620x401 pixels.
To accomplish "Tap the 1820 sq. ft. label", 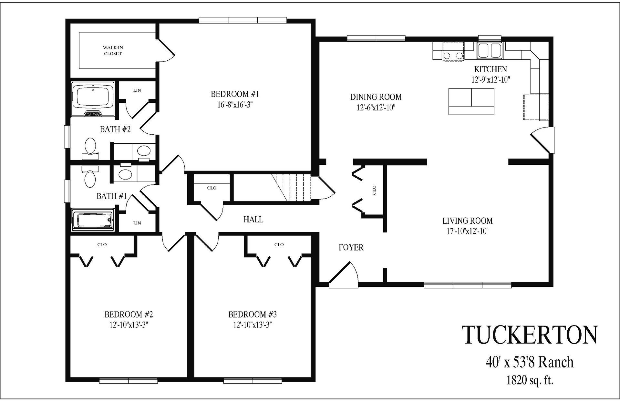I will point(530,380).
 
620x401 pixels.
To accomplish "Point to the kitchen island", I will point(471,101).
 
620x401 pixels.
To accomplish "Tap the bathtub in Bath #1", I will point(93,220).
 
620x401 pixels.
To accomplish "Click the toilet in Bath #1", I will point(90,177).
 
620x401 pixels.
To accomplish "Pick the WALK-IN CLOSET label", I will point(113,51).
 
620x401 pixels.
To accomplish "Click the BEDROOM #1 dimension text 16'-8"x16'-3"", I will point(235,105).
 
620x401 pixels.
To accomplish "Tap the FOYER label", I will point(351,248).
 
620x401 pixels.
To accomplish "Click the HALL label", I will point(253,220).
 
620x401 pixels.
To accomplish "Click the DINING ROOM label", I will point(376,97).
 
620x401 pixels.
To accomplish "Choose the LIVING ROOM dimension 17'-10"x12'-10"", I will point(467,231).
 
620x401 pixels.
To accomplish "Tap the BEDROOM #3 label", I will point(252,314).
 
